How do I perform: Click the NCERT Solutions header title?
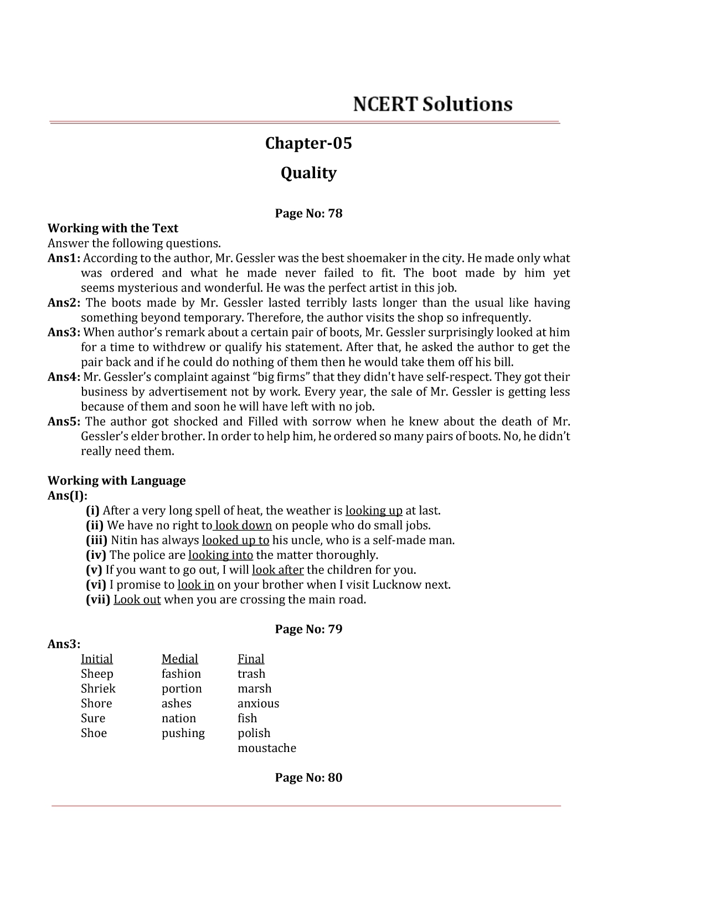432,104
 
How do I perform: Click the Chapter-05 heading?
308,143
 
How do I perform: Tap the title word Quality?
308,173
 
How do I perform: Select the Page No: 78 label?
308,214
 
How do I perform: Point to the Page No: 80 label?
308,777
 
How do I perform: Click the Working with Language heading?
116,480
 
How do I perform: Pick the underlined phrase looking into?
220,555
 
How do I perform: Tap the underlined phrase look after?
277,570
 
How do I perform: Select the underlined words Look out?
137,600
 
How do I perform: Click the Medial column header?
179,659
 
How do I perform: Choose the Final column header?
251,659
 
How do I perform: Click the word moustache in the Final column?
267,748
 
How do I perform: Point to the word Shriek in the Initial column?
98,689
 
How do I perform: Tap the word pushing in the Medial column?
183,733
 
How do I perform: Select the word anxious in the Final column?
258,704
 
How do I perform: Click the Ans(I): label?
68,496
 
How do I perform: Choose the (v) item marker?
94,570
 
